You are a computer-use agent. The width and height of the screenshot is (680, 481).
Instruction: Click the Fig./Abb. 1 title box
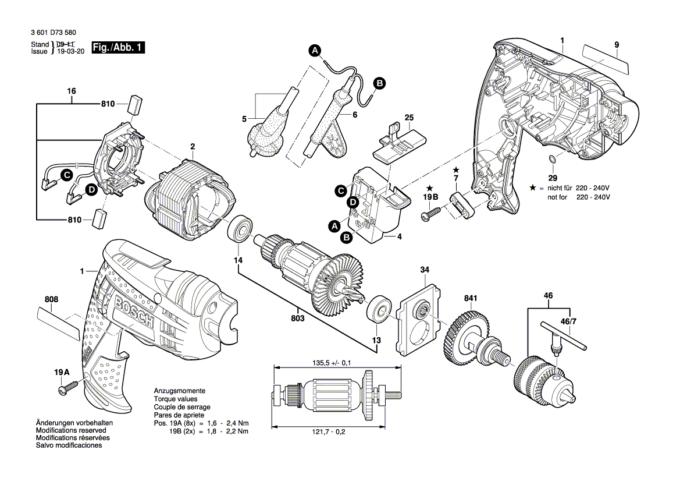pyautogui.click(x=118, y=47)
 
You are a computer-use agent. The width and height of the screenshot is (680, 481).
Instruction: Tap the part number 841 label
pyautogui.click(x=471, y=298)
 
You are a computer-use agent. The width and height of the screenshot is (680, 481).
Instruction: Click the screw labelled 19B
pyautogui.click(x=431, y=214)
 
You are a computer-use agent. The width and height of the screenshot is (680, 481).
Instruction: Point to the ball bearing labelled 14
pyautogui.click(x=238, y=228)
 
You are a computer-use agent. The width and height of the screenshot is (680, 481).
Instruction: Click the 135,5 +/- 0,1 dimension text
pyautogui.click(x=332, y=363)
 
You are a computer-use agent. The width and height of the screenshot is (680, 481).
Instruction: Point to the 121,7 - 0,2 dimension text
pyautogui.click(x=329, y=432)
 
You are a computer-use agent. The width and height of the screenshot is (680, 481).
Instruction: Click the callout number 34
pyautogui.click(x=425, y=270)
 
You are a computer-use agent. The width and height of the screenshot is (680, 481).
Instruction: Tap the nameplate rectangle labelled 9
pyautogui.click(x=605, y=59)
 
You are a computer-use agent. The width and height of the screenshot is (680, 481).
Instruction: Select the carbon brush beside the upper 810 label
pyautogui.click(x=135, y=105)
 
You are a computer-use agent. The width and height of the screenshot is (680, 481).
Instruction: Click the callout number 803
pyautogui.click(x=297, y=318)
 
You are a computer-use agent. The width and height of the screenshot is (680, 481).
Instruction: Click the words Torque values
pyautogui.click(x=176, y=399)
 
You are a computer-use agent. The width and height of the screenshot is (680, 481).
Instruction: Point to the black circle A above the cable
pyautogui.click(x=315, y=51)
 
